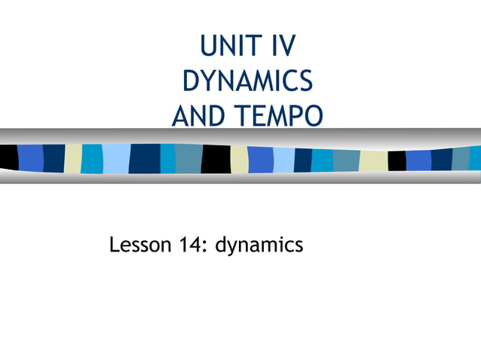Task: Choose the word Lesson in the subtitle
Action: tap(140, 245)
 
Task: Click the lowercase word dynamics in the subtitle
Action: tap(259, 246)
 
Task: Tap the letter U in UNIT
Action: tap(209, 47)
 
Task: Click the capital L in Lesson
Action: tap(115, 245)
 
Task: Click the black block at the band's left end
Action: tap(8, 157)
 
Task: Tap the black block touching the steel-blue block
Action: tap(216, 159)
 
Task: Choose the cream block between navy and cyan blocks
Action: tap(73, 158)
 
